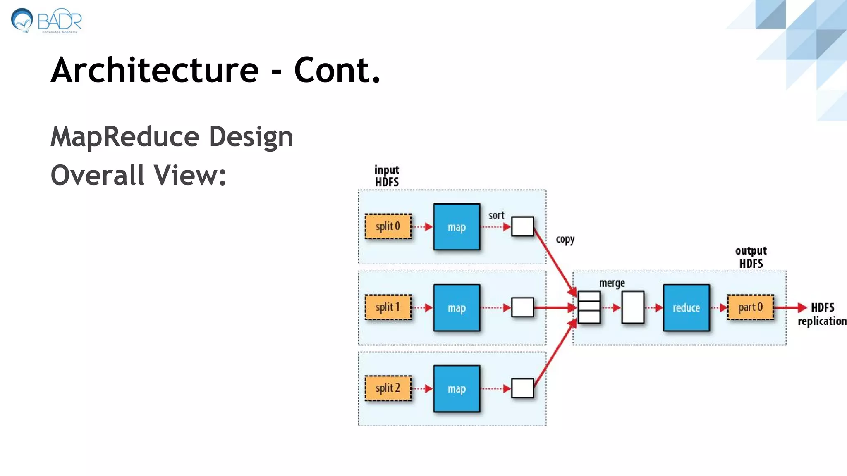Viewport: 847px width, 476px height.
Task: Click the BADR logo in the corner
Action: point(45,21)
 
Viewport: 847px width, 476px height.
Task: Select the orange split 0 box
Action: point(388,226)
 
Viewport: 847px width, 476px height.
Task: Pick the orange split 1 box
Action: point(388,307)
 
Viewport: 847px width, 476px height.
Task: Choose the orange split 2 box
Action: point(388,388)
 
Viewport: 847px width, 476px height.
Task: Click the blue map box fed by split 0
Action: point(457,227)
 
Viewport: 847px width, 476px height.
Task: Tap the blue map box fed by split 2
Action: point(457,389)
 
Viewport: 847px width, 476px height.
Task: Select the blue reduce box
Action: point(686,308)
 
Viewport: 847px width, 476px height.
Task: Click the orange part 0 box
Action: point(750,307)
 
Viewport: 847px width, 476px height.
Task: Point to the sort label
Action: point(496,215)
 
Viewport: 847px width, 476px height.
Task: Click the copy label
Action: point(565,240)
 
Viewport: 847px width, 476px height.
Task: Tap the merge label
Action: point(612,283)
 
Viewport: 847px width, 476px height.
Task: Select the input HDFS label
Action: point(387,176)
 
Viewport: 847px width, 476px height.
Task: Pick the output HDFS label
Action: point(751,257)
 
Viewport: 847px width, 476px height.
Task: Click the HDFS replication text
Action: point(822,314)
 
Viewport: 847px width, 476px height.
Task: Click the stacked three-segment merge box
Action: point(589,307)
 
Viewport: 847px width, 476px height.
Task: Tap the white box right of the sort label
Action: point(522,226)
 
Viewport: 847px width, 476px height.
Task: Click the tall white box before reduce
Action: point(633,307)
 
